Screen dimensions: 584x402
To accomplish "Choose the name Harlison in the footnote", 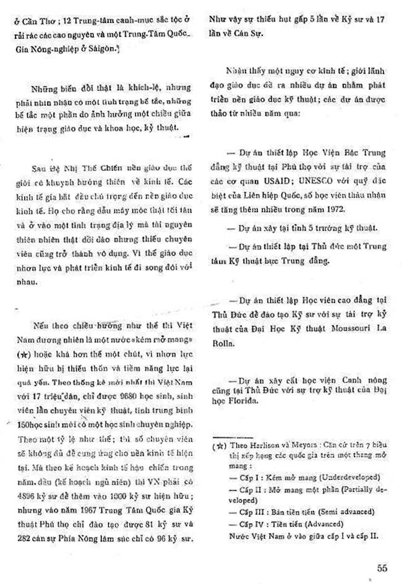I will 261,445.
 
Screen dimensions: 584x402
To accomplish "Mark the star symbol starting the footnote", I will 218,445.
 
